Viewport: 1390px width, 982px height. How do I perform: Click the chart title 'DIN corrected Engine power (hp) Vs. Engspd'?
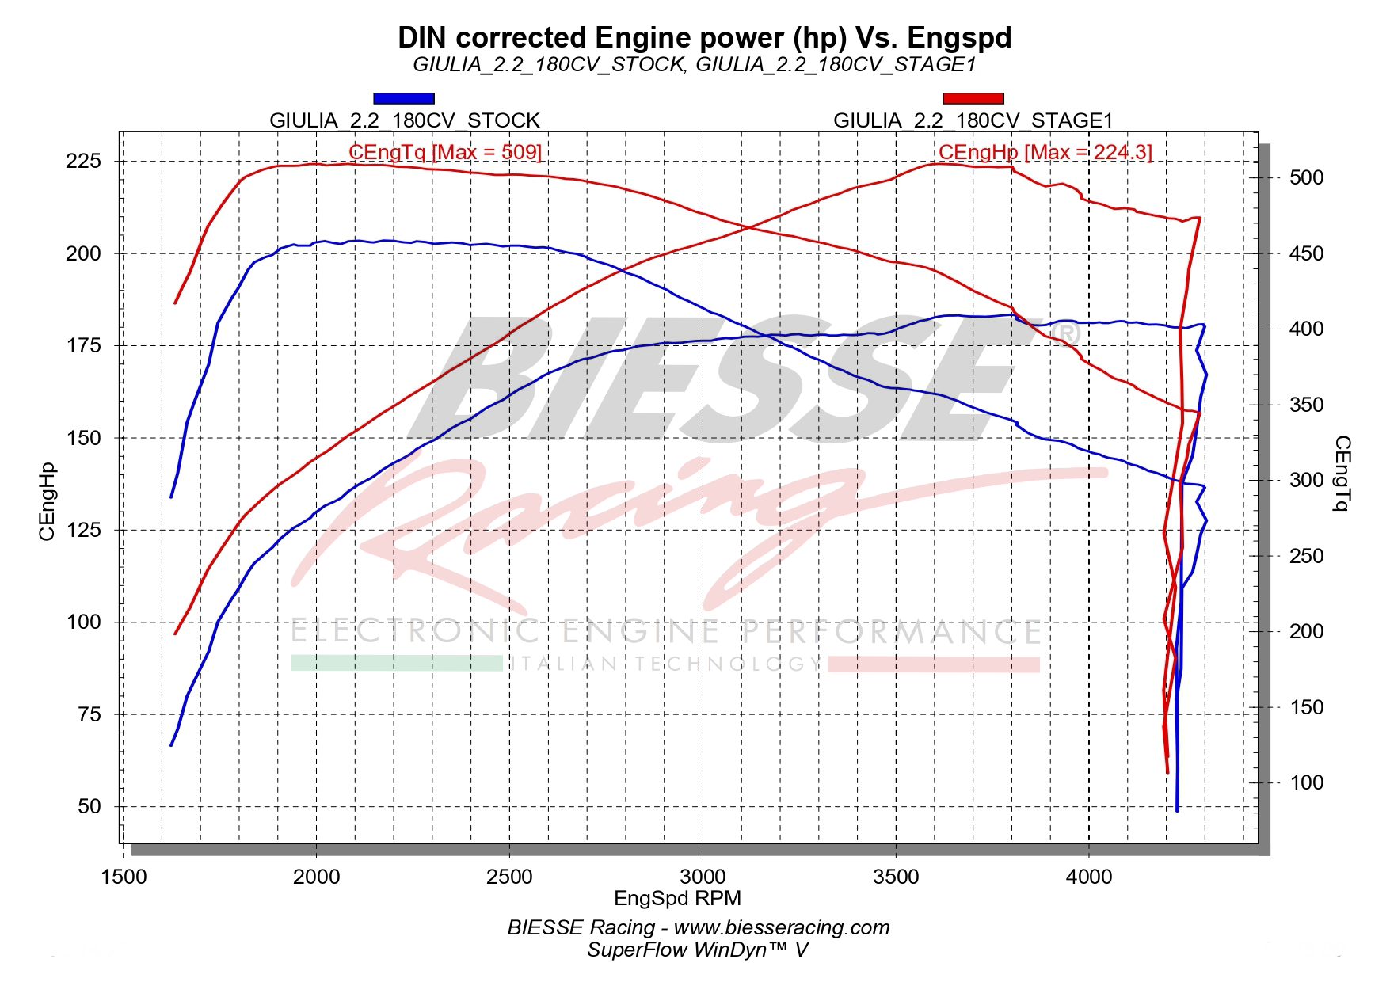click(x=704, y=37)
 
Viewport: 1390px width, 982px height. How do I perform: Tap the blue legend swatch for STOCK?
click(x=404, y=98)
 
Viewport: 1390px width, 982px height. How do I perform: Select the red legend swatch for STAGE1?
click(x=973, y=98)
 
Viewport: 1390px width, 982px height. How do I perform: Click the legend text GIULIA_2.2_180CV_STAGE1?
click(x=973, y=120)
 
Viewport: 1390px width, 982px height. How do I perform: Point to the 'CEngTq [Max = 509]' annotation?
click(x=445, y=151)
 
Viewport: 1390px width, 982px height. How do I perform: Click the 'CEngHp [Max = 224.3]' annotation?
click(x=1045, y=151)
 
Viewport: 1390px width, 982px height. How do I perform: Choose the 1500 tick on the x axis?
click(x=124, y=877)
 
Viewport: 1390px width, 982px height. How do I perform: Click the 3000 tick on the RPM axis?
click(x=703, y=877)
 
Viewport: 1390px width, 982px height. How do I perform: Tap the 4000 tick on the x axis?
click(x=1089, y=877)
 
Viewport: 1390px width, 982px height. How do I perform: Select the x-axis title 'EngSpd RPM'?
click(x=677, y=897)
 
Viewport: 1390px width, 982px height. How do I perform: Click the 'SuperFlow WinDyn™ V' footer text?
click(x=697, y=949)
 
